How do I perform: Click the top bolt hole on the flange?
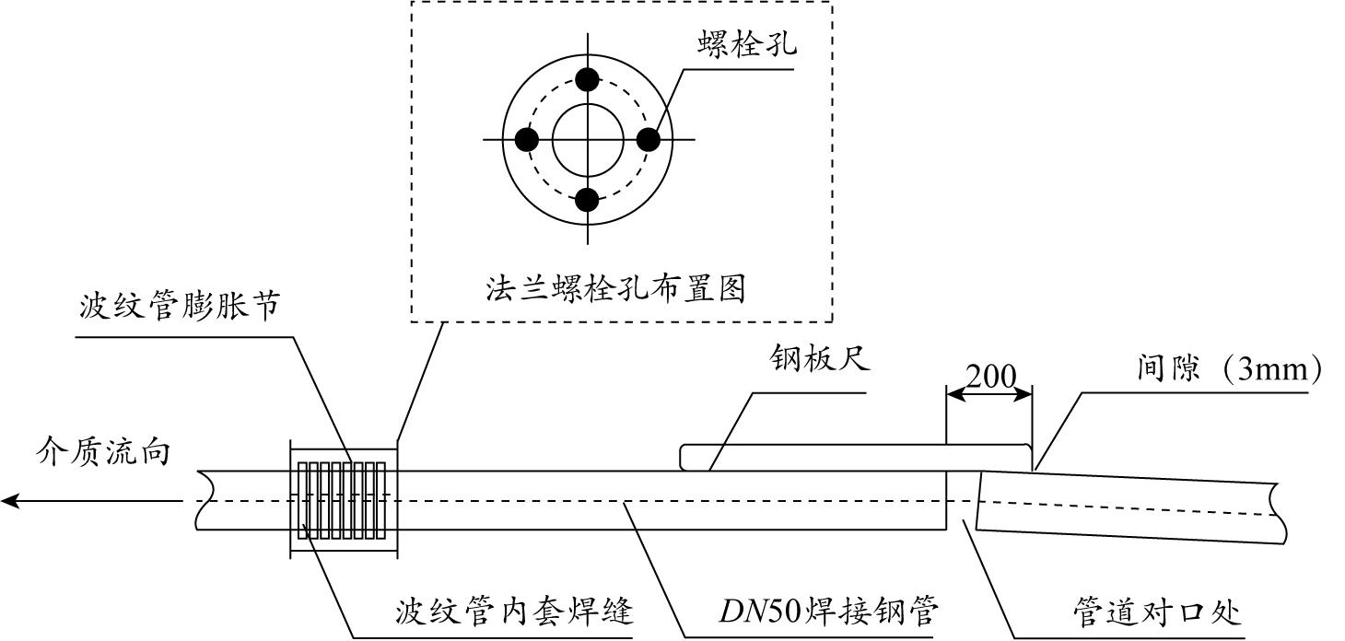point(587,80)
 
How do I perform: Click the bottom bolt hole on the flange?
point(587,200)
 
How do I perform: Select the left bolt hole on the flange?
point(527,140)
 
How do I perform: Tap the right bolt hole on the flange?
point(648,140)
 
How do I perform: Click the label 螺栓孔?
point(747,43)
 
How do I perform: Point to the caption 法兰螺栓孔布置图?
point(615,288)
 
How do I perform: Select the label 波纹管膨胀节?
point(180,306)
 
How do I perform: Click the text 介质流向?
point(103,451)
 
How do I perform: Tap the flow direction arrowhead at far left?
point(11,500)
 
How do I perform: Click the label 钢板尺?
point(820,359)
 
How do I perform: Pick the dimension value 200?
point(990,377)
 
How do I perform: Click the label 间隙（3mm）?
point(1229,367)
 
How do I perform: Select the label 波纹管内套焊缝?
point(514,612)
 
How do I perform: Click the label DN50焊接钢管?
point(828,611)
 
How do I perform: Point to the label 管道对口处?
point(1157,612)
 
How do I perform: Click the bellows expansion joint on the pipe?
point(344,500)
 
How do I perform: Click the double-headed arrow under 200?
point(988,394)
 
